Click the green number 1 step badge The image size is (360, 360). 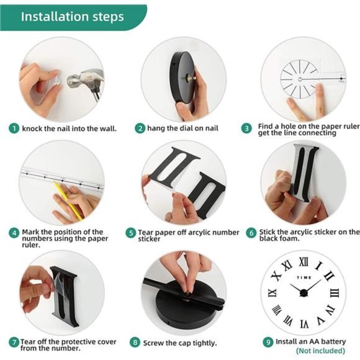click(x=14, y=128)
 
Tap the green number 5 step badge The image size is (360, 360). click(x=130, y=233)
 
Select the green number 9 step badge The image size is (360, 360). click(x=268, y=342)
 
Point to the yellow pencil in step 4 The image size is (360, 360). click(x=68, y=200)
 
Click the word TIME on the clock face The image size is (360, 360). click(x=304, y=277)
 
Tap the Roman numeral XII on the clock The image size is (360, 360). click(x=304, y=262)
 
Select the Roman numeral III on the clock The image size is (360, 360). click(x=335, y=293)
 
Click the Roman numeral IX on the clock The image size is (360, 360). click(x=272, y=293)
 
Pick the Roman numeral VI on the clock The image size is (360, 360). click(x=304, y=324)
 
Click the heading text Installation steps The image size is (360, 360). click(x=73, y=17)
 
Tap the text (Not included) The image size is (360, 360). click(x=320, y=351)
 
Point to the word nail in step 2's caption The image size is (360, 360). click(x=210, y=128)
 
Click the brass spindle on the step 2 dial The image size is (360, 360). click(x=191, y=78)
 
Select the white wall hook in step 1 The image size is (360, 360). click(x=56, y=82)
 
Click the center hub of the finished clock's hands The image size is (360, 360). click(x=304, y=293)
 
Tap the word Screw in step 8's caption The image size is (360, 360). click(x=153, y=343)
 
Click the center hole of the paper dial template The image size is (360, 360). click(x=300, y=79)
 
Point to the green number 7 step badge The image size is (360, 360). click(x=14, y=343)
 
